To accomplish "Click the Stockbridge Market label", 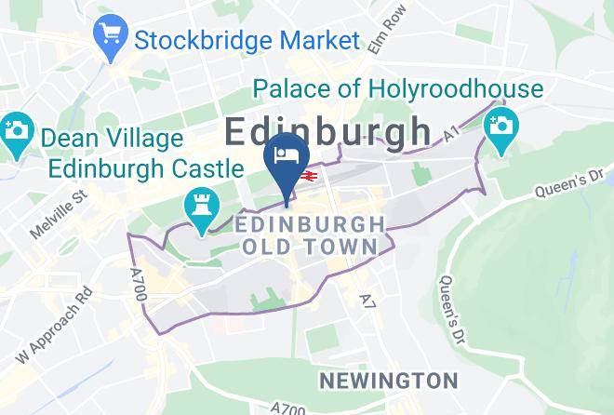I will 247,40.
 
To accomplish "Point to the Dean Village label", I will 111,140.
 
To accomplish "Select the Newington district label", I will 388,380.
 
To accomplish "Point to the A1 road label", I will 452,136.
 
